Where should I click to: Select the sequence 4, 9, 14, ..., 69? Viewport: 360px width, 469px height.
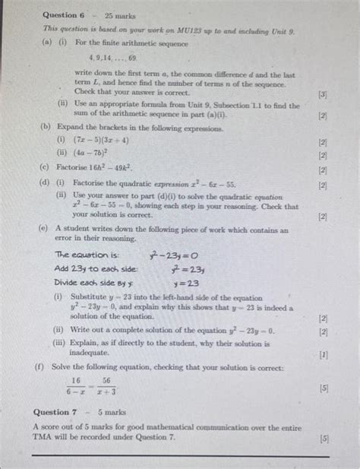coord(111,57)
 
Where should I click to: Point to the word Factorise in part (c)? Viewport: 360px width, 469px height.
coord(68,168)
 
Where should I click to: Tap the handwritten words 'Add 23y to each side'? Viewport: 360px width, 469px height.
coord(95,268)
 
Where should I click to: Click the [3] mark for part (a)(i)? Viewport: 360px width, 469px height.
coord(324,96)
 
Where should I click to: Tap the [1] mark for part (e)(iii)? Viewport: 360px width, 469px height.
coord(324,353)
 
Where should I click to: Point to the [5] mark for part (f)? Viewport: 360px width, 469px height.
coord(324,387)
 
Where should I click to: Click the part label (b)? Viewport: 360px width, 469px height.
coord(46,129)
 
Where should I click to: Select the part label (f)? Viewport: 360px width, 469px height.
coord(39,367)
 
